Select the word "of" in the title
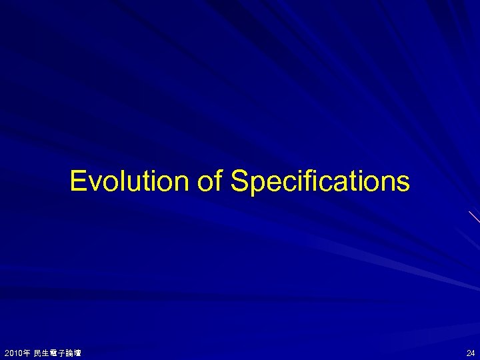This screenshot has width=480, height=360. pyautogui.click(x=209, y=181)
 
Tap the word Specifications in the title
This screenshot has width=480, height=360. pyautogui.click(x=320, y=181)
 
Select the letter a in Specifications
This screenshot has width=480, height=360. pyautogui.click(x=342, y=183)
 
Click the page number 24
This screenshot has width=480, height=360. pyautogui.click(x=471, y=352)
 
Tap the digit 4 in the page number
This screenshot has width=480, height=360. pyautogui.click(x=473, y=352)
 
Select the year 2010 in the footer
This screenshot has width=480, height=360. pyautogui.click(x=14, y=352)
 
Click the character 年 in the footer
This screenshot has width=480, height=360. pyautogui.click(x=27, y=352)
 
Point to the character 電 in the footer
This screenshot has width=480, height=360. pyautogui.click(x=55, y=352)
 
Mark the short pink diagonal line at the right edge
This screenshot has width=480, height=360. pyautogui.click(x=474, y=216)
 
